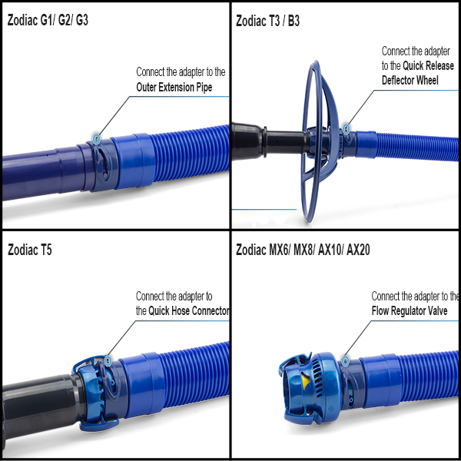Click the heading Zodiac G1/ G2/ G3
(48, 20)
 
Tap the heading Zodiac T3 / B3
(267, 21)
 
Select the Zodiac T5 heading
(30, 250)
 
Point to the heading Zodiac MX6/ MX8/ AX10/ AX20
(303, 250)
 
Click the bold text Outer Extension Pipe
(174, 88)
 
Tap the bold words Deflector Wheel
(410, 80)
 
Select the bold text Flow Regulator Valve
(410, 310)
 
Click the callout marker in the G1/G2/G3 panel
(97, 138)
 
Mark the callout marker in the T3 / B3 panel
(347, 128)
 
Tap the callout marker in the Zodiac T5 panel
(108, 360)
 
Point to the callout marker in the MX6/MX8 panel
(346, 361)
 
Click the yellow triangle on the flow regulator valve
(306, 381)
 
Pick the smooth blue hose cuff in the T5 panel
(143, 385)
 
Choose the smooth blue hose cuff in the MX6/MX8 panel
(380, 381)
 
